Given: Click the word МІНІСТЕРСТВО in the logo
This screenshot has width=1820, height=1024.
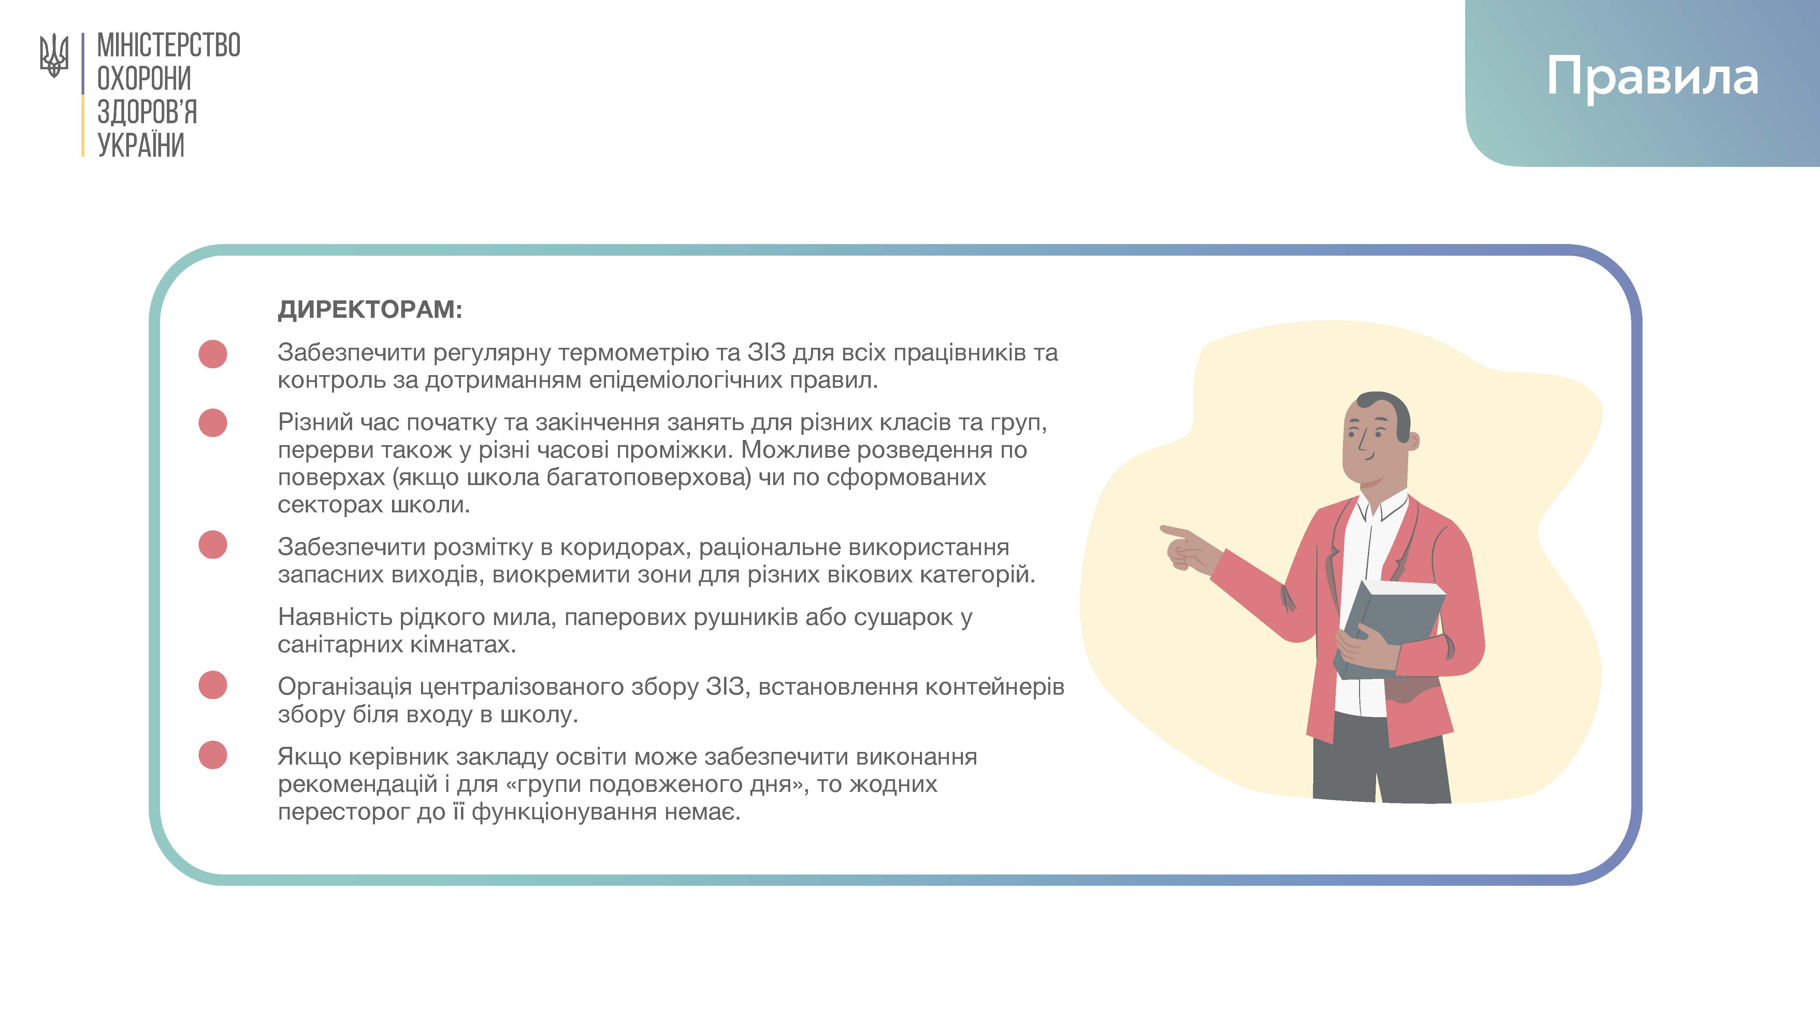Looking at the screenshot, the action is click(x=169, y=45).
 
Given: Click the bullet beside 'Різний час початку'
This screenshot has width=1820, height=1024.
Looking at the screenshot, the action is click(x=213, y=423).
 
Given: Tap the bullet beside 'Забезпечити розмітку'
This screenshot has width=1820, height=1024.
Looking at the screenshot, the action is click(x=213, y=545).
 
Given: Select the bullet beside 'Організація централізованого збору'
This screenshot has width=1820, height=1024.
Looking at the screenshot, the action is click(x=213, y=685).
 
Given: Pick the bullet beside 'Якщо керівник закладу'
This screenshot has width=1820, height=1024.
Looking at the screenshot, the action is click(x=213, y=755).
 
